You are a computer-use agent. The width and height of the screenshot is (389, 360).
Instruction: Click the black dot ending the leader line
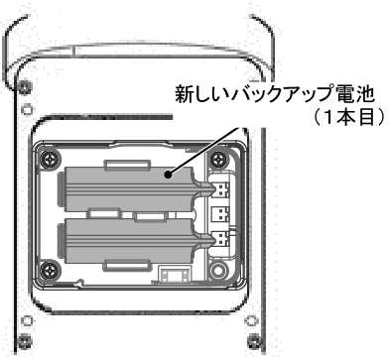(x=169, y=175)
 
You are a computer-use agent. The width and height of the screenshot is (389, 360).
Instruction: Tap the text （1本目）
(x=349, y=117)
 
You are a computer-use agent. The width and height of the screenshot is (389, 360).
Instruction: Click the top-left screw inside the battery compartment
(x=50, y=159)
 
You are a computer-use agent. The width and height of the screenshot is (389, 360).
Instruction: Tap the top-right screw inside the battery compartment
(x=218, y=160)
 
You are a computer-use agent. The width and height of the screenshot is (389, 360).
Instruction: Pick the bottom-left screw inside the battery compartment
(x=49, y=270)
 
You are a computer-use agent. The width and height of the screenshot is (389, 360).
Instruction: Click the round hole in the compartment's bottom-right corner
(x=218, y=270)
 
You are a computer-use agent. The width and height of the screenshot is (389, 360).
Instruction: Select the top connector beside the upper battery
(x=221, y=189)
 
